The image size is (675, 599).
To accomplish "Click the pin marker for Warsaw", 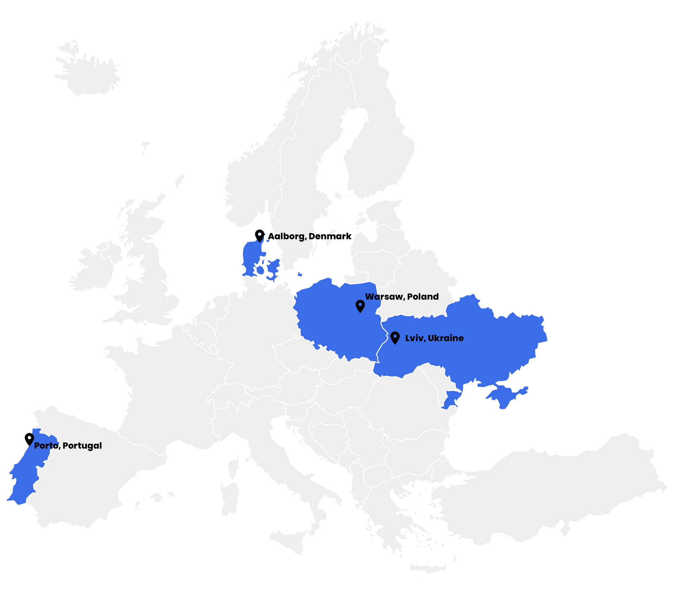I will (x=360, y=306).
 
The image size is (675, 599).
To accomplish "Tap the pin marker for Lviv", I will (x=395, y=338).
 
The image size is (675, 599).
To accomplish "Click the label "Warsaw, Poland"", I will (x=402, y=297).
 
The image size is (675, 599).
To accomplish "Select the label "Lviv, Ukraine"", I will (x=434, y=338).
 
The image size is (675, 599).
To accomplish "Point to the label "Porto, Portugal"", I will (x=68, y=445).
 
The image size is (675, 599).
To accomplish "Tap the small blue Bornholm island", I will (x=300, y=274).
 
